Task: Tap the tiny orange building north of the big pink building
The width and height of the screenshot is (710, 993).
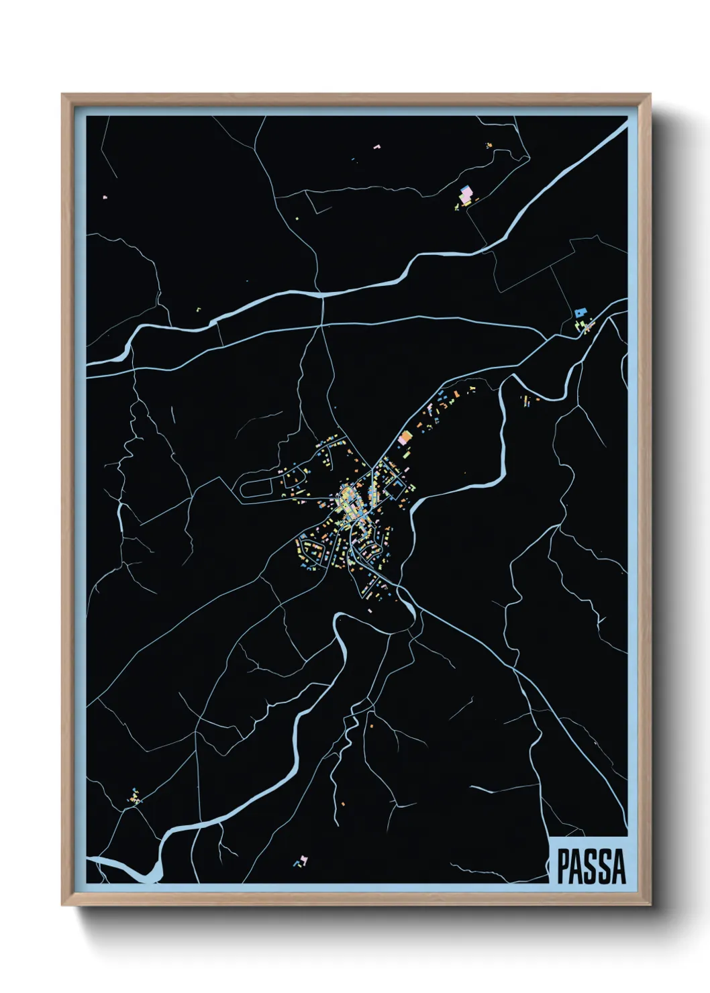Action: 489,144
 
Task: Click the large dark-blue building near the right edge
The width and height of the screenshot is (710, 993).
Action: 580,312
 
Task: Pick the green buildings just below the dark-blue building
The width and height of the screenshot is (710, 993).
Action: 584,327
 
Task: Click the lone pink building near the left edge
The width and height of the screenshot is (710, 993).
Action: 104,197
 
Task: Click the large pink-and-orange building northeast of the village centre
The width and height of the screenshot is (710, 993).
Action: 405,438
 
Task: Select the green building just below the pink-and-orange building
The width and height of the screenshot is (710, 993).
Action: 407,453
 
